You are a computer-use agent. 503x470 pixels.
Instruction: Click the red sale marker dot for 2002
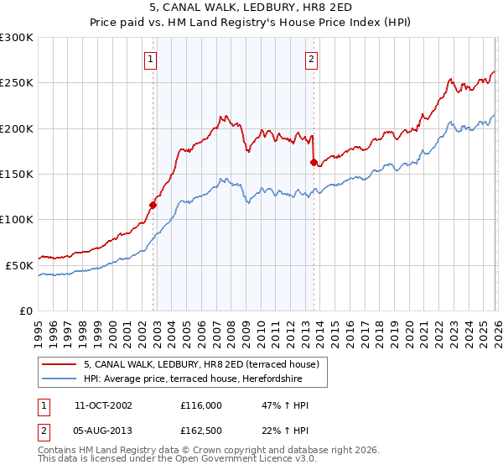point(153,204)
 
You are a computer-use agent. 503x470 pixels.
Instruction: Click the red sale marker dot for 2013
point(314,162)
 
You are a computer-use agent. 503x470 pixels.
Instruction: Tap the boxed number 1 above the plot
point(150,59)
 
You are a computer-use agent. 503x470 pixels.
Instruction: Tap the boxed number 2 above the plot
point(311,59)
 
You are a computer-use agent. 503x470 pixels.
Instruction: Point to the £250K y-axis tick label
point(17,83)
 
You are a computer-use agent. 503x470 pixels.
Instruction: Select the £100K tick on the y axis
point(17,220)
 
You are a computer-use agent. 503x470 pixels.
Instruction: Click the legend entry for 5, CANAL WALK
point(201,365)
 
